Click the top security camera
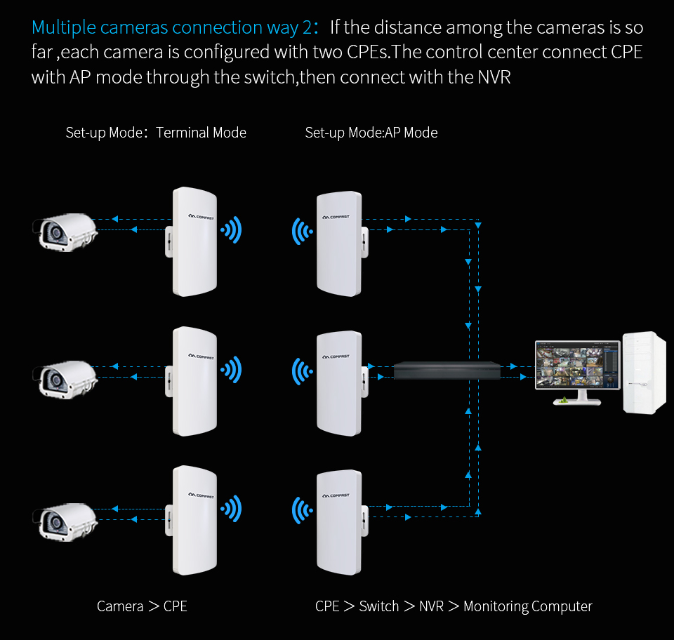(65, 232)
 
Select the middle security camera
(65, 377)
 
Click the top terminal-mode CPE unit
(193, 241)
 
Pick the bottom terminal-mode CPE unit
(193, 519)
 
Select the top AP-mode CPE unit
(340, 244)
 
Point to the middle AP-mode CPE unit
(340, 384)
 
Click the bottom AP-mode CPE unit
(340, 524)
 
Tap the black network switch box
(447, 370)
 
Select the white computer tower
(644, 372)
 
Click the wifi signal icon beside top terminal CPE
(231, 229)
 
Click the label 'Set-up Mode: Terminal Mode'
(156, 133)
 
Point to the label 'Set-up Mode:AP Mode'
(371, 133)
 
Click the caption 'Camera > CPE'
(142, 606)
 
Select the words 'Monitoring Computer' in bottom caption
(528, 606)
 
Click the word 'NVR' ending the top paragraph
(494, 77)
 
